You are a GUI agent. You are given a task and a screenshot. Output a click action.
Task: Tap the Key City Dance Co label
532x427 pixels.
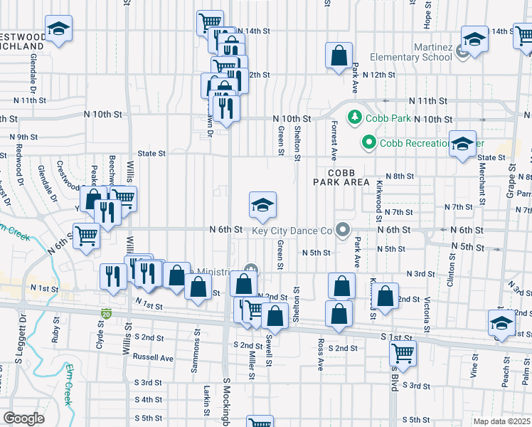pos(292,230)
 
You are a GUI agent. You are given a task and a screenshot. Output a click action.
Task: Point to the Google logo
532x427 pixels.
pos(23,418)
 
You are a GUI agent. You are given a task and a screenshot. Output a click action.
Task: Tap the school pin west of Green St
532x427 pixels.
pos(262,205)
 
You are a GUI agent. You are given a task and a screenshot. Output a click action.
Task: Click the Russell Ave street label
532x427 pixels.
pos(153,358)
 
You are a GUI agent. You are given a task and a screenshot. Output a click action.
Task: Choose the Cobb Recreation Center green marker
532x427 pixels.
pos(368,142)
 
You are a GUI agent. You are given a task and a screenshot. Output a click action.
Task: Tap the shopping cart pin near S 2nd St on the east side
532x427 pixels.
pos(403,352)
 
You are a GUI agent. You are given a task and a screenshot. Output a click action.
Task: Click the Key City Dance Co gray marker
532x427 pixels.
pos(343,229)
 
